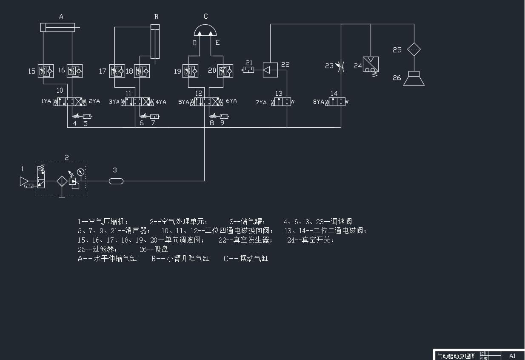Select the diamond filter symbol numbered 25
414,49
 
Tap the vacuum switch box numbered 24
371,64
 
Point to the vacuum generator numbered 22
270,70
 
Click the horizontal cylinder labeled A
57,28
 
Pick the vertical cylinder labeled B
155,42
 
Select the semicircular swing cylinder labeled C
205,30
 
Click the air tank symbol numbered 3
116,181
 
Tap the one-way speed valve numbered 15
46,71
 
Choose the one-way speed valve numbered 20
225,71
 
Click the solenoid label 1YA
46,102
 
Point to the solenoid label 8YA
318,102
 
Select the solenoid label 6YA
231,101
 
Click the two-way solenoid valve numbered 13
281,102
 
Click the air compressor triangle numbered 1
24,182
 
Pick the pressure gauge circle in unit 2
80,172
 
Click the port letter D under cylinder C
194,43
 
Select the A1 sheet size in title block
512,356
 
